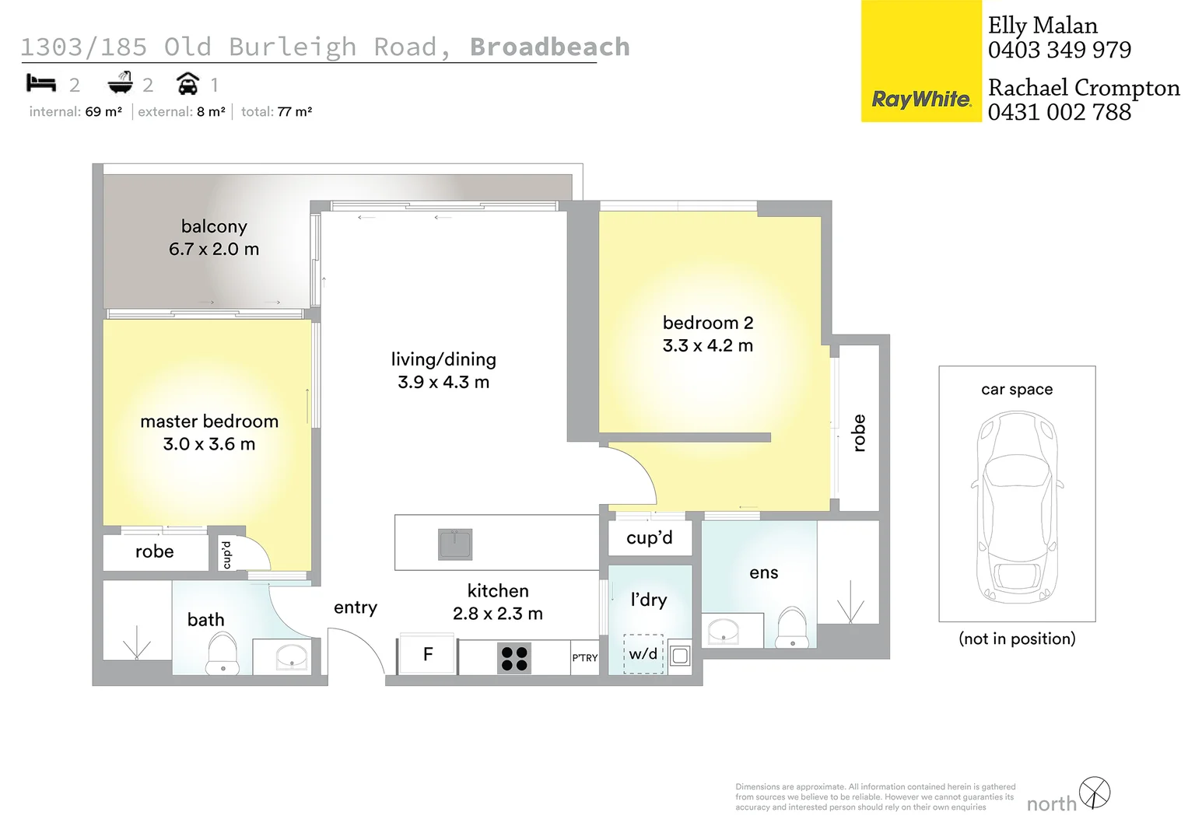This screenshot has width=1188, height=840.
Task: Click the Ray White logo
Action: pyautogui.click(x=921, y=100)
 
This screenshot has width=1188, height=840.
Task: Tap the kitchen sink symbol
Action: pyautogui.click(x=455, y=544)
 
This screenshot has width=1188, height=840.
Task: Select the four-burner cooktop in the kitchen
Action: pyautogui.click(x=514, y=658)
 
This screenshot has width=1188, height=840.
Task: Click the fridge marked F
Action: pyautogui.click(x=427, y=655)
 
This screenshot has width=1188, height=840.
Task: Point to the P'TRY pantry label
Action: pyautogui.click(x=585, y=658)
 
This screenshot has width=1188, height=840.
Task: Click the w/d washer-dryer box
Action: pyautogui.click(x=643, y=654)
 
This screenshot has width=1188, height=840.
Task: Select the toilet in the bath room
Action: pyautogui.click(x=223, y=653)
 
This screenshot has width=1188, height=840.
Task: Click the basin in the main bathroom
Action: pyautogui.click(x=293, y=656)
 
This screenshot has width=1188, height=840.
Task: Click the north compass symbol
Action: pyautogui.click(x=1095, y=793)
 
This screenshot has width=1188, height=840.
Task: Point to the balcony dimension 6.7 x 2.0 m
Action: pyautogui.click(x=214, y=249)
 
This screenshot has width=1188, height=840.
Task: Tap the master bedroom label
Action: pyautogui.click(x=209, y=422)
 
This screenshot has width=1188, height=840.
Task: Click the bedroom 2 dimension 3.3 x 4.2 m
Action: pyautogui.click(x=707, y=345)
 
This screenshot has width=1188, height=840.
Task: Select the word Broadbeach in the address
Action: pyautogui.click(x=549, y=47)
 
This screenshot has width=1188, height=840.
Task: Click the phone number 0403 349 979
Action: pyautogui.click(x=1059, y=50)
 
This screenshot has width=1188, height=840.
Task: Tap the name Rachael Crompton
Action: pyautogui.click(x=1083, y=88)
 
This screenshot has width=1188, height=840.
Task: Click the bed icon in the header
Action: pyautogui.click(x=41, y=82)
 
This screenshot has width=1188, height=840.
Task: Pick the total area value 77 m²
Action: pyautogui.click(x=294, y=112)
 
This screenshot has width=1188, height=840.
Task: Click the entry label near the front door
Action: pyautogui.click(x=356, y=607)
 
